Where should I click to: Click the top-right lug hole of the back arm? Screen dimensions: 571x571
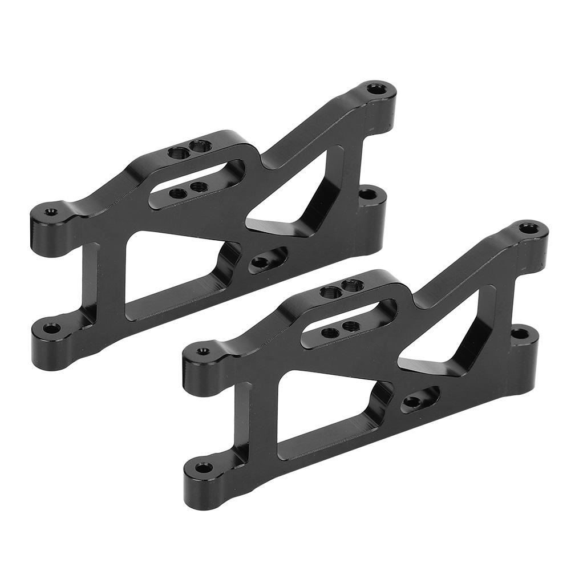(x=376, y=88)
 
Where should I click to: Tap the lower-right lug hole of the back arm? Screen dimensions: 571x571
(x=368, y=195)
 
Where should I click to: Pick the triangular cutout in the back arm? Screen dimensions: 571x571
(x=297, y=191)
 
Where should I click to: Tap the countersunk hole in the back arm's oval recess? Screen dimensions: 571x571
(x=261, y=262)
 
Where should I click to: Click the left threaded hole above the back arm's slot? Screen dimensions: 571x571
(x=179, y=152)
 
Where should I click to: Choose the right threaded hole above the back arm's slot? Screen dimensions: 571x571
(x=199, y=147)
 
